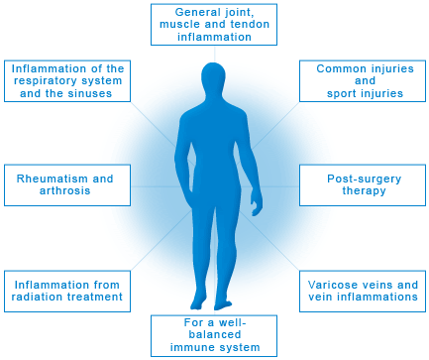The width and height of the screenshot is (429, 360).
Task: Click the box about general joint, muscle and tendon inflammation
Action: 214,23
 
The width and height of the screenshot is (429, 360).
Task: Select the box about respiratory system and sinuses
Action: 68,80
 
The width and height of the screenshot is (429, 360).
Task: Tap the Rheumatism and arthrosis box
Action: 66,183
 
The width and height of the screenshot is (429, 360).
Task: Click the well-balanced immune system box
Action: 214,334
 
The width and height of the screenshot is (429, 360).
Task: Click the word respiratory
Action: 41,80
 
